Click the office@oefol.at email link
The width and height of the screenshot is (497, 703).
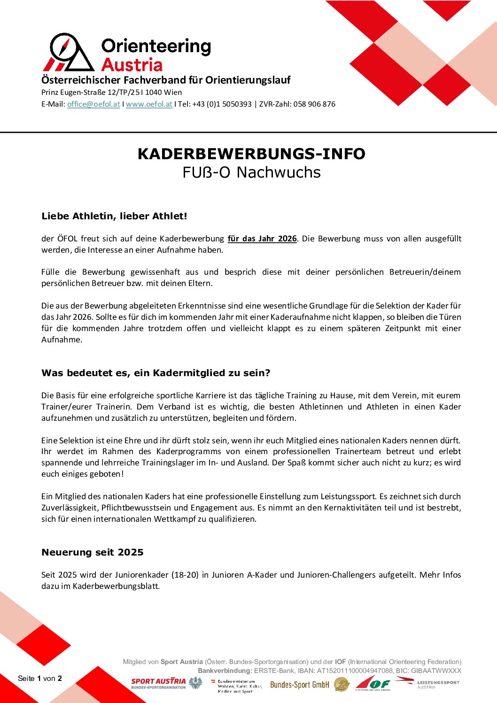[93, 104]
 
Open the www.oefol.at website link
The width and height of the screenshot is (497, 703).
[149, 104]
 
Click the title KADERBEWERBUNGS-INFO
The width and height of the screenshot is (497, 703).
[251, 154]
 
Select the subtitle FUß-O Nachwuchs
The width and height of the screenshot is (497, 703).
[251, 172]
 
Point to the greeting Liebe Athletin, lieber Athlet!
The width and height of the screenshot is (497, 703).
[114, 216]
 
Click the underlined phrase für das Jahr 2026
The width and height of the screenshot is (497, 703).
[262, 239]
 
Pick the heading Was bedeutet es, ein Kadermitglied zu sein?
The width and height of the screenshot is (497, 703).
[155, 373]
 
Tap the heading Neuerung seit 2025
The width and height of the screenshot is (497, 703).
[93, 552]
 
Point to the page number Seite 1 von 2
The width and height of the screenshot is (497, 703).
[40, 678]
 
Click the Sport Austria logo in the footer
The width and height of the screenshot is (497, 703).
[158, 683]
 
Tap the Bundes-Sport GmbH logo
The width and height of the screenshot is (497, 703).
[300, 685]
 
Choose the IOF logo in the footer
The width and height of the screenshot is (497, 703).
[373, 684]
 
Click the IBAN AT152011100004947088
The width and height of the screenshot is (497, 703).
[355, 671]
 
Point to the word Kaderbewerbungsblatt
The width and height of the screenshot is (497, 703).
[116, 586]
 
